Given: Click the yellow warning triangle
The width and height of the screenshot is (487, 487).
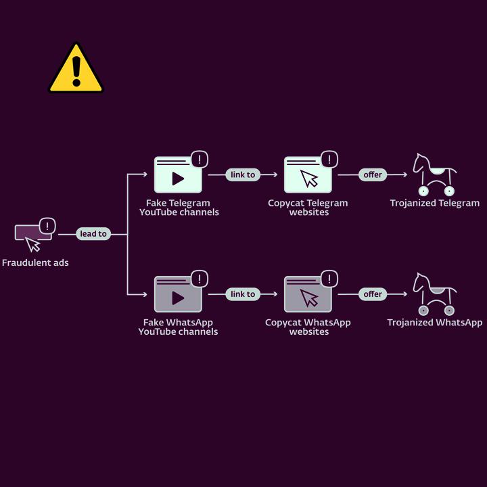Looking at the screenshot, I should click(76, 69).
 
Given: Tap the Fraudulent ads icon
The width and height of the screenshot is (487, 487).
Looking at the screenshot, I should click(33, 234).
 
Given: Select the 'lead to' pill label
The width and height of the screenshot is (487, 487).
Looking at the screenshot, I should click(93, 234).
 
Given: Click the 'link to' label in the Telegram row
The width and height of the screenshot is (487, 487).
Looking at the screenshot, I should click(243, 175).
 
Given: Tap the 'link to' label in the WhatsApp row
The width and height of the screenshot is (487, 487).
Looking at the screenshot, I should click(243, 294).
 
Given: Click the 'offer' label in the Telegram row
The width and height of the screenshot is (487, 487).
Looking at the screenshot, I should click(373, 175).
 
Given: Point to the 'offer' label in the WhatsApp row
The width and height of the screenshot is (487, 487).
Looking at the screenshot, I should click(373, 294).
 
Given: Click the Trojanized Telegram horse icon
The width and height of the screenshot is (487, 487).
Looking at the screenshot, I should click(434, 175).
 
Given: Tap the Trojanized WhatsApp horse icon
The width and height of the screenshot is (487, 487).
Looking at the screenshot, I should click(434, 294).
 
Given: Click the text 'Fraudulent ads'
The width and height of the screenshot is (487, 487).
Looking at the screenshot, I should click(35, 262).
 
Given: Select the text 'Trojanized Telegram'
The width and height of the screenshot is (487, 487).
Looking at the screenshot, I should click(435, 203).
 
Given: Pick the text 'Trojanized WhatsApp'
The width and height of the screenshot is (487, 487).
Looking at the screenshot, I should click(435, 323).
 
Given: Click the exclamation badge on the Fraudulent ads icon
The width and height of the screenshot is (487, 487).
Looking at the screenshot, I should click(47, 226).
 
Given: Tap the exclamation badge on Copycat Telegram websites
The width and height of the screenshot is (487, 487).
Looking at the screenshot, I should click(329, 160).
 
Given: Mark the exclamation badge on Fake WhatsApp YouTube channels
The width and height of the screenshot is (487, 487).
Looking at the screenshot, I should click(200, 279).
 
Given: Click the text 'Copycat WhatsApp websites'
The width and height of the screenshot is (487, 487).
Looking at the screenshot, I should click(308, 327).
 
